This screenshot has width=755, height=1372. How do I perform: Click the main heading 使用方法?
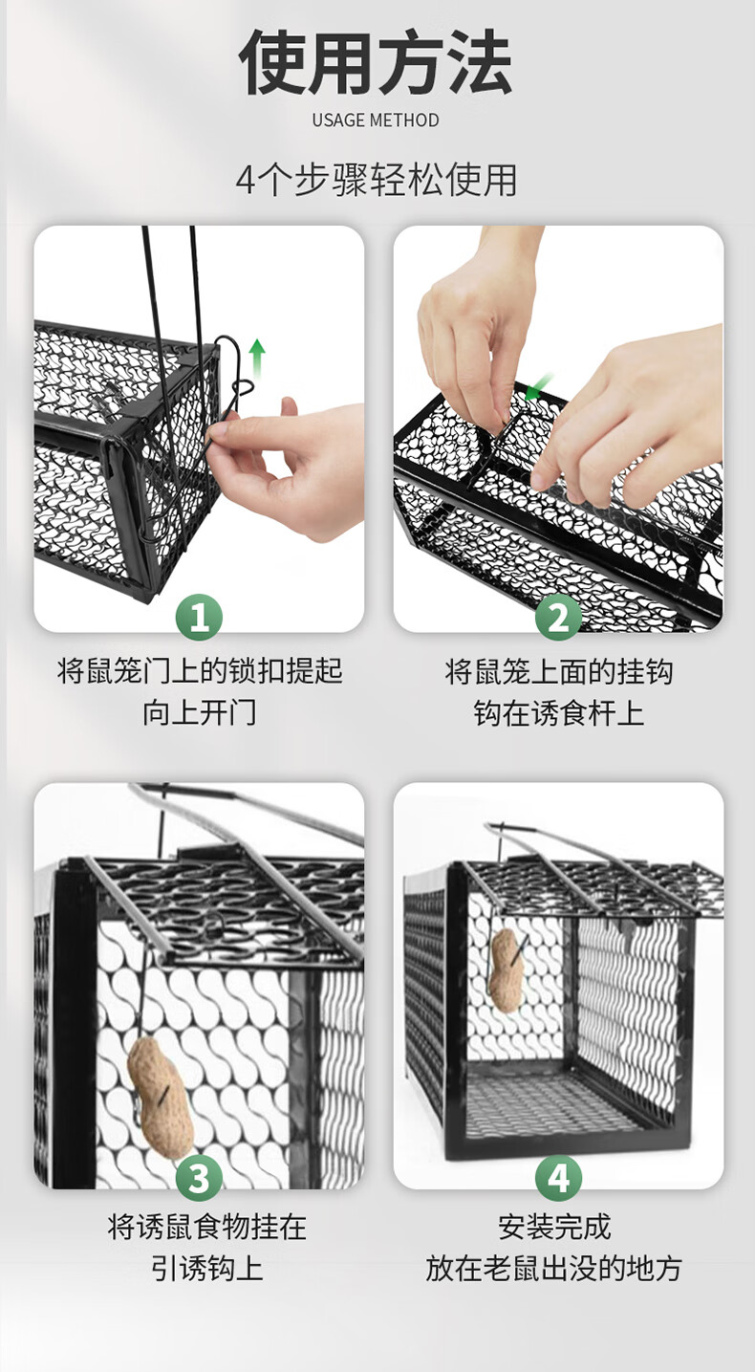click(376, 62)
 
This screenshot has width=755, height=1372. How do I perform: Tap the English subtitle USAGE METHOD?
click(376, 120)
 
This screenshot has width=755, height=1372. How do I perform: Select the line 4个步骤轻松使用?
click(377, 180)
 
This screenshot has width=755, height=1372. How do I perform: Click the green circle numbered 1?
click(199, 618)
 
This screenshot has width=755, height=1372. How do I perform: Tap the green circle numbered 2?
click(558, 618)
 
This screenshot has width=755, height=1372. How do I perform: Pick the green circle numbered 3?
click(199, 1178)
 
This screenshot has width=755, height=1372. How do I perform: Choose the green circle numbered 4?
click(558, 1178)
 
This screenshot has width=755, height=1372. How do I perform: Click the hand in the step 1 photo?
click(288, 466)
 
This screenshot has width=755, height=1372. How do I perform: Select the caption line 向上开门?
click(200, 713)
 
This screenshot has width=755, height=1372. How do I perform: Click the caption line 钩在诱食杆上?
click(558, 713)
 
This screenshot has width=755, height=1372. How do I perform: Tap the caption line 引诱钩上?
click(207, 1267)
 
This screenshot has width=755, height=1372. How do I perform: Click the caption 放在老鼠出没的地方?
click(554, 1267)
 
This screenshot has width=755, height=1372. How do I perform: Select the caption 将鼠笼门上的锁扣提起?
click(200, 671)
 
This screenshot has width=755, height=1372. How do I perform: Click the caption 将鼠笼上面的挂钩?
click(559, 671)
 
